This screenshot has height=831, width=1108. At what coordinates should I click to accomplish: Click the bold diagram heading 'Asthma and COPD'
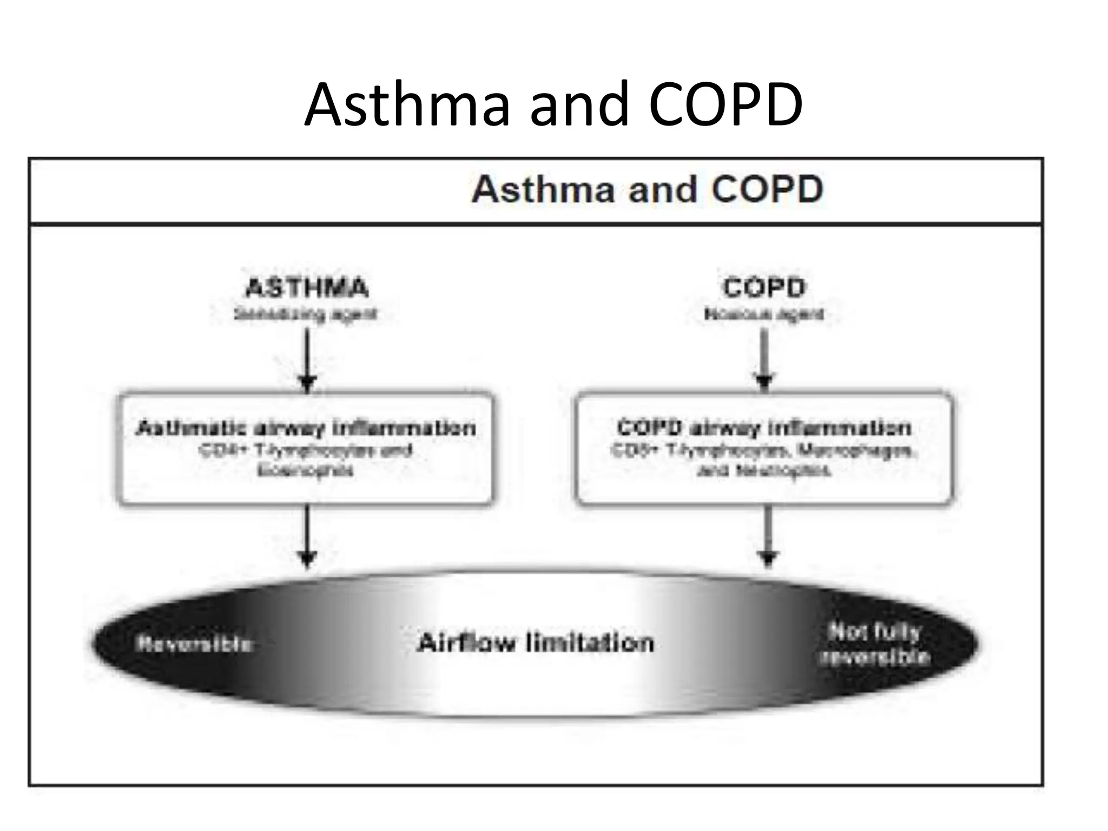pos(647,190)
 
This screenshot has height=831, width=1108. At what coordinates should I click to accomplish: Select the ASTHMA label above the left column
pos(307,287)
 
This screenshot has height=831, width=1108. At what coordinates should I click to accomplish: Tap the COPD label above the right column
pos(764,287)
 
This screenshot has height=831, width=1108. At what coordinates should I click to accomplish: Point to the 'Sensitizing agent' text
pos(306,314)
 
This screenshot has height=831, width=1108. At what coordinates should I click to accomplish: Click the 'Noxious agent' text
pos(764,314)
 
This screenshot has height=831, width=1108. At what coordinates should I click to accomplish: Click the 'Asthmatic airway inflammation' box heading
pos(306,428)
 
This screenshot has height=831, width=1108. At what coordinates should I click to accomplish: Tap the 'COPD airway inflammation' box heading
pos(764,428)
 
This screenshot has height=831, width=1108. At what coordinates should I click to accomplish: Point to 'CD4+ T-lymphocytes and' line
pos(306,450)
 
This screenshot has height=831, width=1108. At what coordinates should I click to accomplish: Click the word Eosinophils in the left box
pos(306,471)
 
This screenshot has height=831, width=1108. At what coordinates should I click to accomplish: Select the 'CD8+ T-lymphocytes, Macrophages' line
pos(764,450)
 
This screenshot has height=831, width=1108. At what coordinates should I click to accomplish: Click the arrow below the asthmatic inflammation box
pos(307,536)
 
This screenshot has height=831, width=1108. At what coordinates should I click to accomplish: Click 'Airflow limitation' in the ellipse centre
pos(536,643)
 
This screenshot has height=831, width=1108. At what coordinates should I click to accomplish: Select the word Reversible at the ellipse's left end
pos(194,644)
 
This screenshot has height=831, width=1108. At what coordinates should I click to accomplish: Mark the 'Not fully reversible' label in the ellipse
pos(875,644)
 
